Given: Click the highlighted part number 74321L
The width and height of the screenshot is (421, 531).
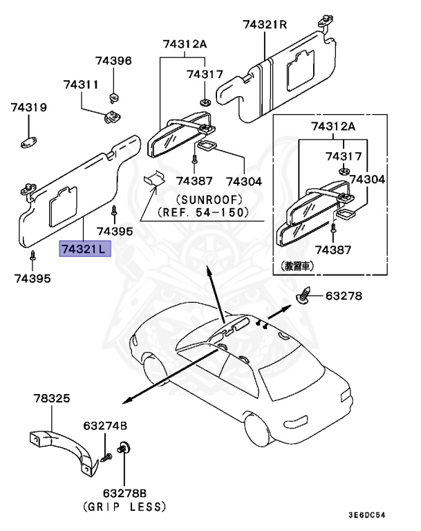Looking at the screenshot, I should pyautogui.click(x=85, y=249).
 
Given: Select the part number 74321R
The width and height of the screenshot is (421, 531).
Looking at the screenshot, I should pyautogui.click(x=264, y=25).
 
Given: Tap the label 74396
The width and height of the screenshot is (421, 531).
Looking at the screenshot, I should pyautogui.click(x=113, y=61).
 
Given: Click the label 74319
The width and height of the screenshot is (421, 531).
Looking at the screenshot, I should pyautogui.click(x=28, y=108).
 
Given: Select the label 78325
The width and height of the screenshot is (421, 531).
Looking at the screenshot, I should pyautogui.click(x=52, y=399).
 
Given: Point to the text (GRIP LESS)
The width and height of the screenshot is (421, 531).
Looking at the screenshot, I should pyautogui.click(x=124, y=507).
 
